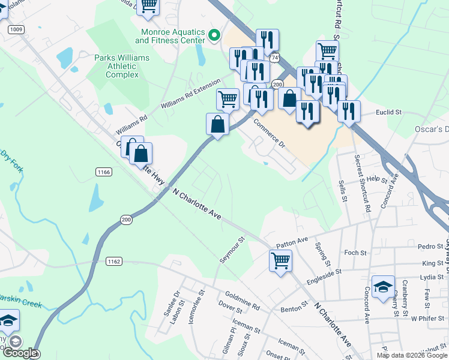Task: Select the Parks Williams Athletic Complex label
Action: point(122,66)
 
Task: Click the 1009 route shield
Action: point(16,29)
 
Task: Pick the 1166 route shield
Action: point(103,172)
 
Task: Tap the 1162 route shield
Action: point(114,261)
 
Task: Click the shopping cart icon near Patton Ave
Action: point(280,261)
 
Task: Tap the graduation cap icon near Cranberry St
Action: point(383,286)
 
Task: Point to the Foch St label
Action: point(355,253)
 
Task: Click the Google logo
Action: point(21,353)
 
